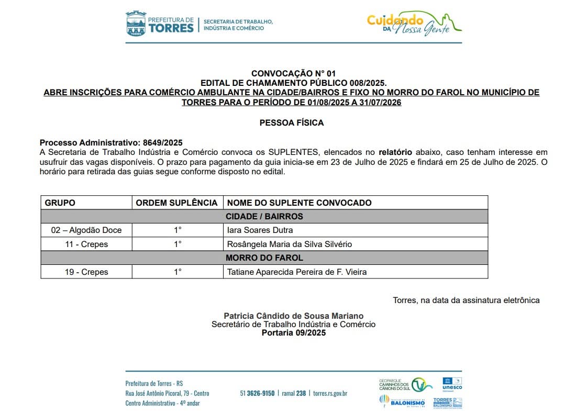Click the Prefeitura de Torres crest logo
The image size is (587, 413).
tap(136, 24)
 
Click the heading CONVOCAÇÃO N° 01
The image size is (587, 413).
tap(293, 73)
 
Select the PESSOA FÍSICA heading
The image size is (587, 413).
tap(292, 123)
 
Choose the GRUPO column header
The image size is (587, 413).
tap(60, 203)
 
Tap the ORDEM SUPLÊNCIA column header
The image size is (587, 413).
tap(176, 203)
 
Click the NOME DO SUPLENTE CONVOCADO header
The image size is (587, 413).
tap(299, 203)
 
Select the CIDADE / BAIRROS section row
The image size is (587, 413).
tap(264, 216)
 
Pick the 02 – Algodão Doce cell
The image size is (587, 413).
tap(86, 230)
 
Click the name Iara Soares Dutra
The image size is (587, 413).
tap(260, 230)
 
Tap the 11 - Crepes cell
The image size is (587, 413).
tap(86, 244)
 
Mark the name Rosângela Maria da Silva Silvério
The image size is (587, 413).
tap(289, 244)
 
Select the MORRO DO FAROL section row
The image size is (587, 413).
tap(264, 258)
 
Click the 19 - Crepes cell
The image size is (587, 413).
tap(86, 272)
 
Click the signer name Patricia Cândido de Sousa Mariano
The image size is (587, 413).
tap(293, 316)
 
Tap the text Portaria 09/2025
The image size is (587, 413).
tap(293, 332)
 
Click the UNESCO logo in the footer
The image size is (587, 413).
tap(452, 384)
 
